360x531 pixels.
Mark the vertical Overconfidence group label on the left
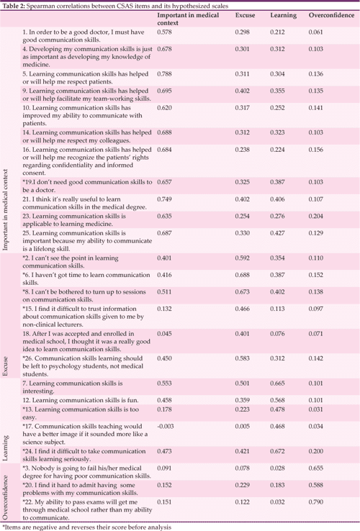click(x=6, y=493)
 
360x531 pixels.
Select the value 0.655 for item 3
click(x=318, y=468)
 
